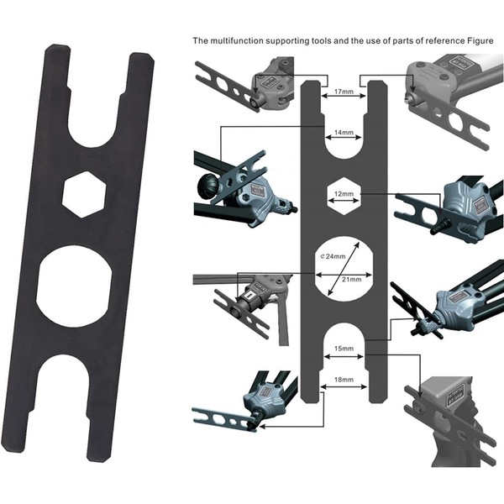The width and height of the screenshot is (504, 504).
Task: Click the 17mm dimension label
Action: tap(344, 92)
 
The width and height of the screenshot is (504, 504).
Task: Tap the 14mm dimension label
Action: tap(344, 133)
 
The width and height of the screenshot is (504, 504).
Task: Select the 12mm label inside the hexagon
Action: tap(344, 194)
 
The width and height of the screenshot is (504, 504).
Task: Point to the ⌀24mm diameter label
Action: tap(333, 256)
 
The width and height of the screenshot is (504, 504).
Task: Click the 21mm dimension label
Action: tap(351, 280)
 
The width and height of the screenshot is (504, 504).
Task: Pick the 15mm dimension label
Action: tap(344, 349)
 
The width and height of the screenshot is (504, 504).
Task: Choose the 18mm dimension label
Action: tap(344, 380)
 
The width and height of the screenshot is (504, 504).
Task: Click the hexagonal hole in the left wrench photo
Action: tap(84, 195)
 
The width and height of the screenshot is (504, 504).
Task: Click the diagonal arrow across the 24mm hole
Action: tap(344, 269)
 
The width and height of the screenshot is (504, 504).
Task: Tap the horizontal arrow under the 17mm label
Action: tap(344, 96)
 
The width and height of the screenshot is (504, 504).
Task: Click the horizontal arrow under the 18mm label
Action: tap(344, 386)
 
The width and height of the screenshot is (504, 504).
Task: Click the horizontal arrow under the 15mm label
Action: tap(344, 356)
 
